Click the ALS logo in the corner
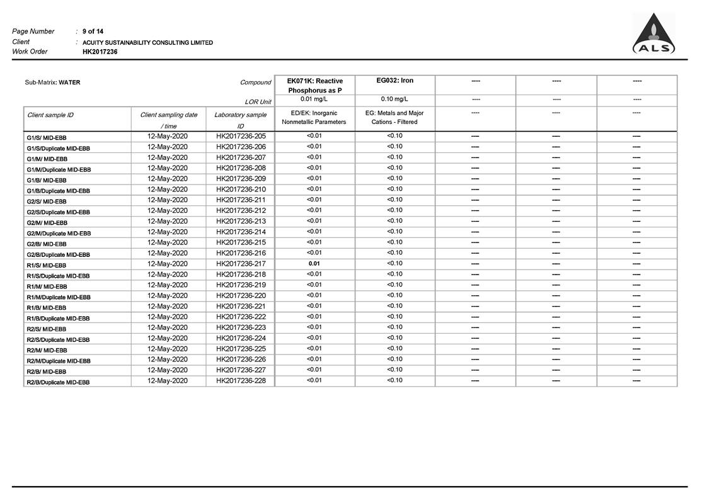(x=653, y=35)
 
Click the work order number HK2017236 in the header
(x=100, y=52)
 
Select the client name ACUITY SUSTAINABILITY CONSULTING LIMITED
(x=147, y=42)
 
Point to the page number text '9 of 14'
(x=93, y=31)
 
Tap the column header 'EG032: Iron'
(x=394, y=81)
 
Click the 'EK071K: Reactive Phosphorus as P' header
(x=314, y=86)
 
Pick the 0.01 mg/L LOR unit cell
(x=314, y=99)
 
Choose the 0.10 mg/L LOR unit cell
(x=394, y=99)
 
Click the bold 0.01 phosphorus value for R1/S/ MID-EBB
(x=314, y=263)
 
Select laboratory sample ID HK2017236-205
(x=241, y=136)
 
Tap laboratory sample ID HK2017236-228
(x=241, y=380)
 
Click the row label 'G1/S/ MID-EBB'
(x=47, y=137)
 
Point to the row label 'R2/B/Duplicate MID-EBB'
(x=58, y=382)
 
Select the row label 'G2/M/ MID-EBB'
(x=47, y=222)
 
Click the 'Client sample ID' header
(x=50, y=115)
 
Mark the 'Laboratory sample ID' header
(x=240, y=120)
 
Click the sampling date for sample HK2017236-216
(x=168, y=253)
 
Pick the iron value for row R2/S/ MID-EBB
(x=394, y=327)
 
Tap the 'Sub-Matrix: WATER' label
(x=52, y=82)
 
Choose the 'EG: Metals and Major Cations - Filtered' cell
(x=394, y=117)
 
